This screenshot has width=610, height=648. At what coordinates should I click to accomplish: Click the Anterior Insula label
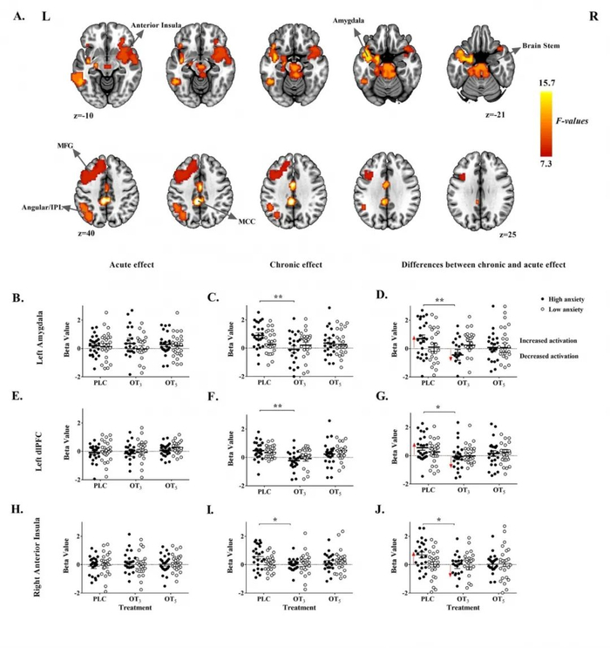point(155,25)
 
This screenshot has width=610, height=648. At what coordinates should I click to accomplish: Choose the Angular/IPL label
point(40,208)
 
